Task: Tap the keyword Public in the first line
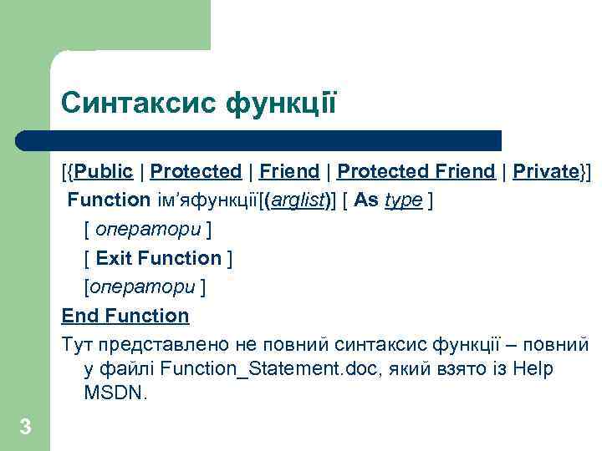103,172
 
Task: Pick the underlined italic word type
403,200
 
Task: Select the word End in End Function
79,316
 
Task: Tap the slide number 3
25,428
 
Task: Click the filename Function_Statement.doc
262,368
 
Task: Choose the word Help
533,368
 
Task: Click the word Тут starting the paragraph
77,344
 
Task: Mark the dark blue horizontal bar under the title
259,140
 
